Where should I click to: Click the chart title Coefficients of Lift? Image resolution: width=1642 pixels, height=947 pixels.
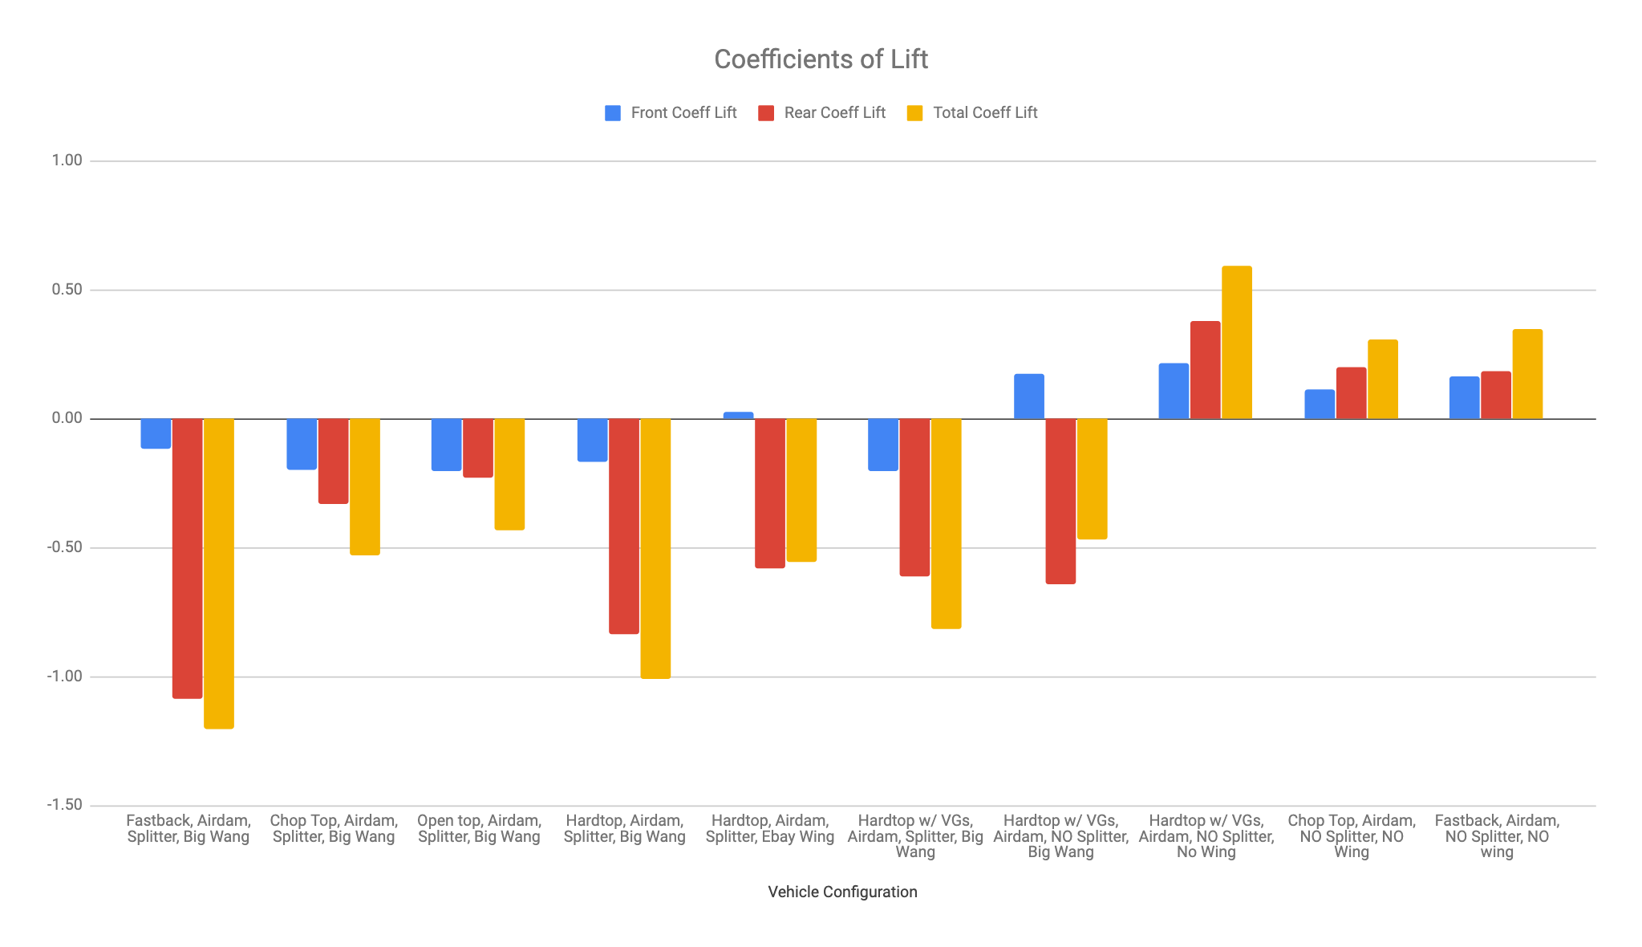(x=821, y=59)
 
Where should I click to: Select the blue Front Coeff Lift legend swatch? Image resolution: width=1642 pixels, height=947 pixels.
(x=613, y=113)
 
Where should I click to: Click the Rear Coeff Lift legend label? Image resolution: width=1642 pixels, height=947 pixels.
(x=834, y=113)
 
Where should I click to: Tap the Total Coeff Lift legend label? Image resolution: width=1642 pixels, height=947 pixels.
(x=984, y=113)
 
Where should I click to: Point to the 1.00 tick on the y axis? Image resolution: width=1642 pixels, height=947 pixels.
(x=67, y=161)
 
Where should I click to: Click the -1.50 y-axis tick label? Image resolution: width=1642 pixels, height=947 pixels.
(x=64, y=805)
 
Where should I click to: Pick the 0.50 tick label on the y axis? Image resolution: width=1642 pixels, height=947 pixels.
(x=67, y=290)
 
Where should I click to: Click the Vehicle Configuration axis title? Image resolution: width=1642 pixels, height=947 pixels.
(x=842, y=892)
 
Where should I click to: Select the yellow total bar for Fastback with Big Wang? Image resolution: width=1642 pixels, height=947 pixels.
(x=219, y=573)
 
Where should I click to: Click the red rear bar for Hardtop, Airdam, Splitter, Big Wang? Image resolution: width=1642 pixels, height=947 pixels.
(x=624, y=526)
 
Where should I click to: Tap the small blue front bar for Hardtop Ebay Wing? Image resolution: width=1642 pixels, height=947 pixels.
(x=738, y=416)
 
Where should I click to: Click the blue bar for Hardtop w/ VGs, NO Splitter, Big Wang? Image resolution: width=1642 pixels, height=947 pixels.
(x=1029, y=396)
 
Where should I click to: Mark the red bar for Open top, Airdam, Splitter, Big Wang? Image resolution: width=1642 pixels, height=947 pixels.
(x=478, y=448)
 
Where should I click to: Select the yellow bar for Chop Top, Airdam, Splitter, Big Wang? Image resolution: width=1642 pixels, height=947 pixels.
(x=365, y=486)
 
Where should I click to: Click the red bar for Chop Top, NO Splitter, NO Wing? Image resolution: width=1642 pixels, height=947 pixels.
(x=1351, y=393)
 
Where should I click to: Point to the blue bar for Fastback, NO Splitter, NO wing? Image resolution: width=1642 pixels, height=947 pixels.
(x=1464, y=398)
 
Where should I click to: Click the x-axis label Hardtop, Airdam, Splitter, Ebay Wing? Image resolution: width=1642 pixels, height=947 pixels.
(x=770, y=828)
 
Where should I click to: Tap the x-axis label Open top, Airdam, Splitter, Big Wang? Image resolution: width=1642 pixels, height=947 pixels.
(x=479, y=828)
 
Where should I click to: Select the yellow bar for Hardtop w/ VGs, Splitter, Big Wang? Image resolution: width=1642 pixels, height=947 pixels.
(x=946, y=523)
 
